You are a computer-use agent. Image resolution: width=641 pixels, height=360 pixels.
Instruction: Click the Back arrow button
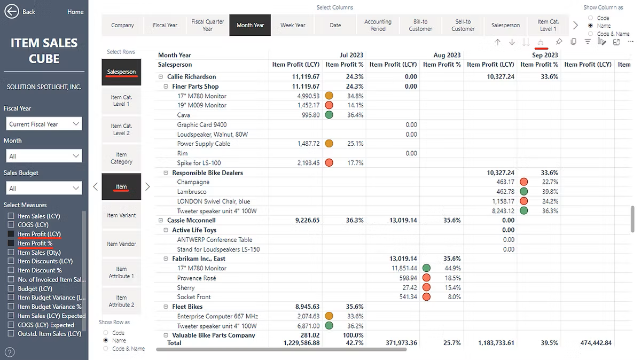pyautogui.click(x=12, y=11)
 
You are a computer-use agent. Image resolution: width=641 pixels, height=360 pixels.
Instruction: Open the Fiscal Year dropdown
pyautogui.click(x=44, y=124)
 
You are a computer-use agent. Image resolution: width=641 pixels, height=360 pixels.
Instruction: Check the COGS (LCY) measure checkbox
pyautogui.click(x=11, y=225)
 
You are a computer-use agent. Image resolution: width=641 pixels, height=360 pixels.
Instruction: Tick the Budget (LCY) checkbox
pyautogui.click(x=11, y=288)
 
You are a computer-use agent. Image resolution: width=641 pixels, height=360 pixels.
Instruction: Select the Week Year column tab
pyautogui.click(x=293, y=25)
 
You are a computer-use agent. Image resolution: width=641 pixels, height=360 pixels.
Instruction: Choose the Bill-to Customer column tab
pyautogui.click(x=420, y=25)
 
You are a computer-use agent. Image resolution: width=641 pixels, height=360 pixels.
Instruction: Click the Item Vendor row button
pyautogui.click(x=121, y=244)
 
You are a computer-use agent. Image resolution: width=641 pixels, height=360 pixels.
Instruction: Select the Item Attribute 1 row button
pyautogui.click(x=121, y=272)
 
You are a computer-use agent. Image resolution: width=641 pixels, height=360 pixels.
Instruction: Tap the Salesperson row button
pyautogui.click(x=121, y=72)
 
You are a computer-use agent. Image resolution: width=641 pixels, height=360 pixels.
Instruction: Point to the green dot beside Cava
pyautogui.click(x=329, y=115)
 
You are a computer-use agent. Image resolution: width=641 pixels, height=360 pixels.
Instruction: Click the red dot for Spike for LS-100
pyautogui.click(x=329, y=163)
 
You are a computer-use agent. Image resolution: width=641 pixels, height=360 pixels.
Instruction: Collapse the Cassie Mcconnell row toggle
pyautogui.click(x=161, y=220)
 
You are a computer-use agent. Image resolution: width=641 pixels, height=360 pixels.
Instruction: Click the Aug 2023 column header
pyautogui.click(x=447, y=55)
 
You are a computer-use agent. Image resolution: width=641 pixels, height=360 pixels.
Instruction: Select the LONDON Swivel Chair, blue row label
pyautogui.click(x=213, y=201)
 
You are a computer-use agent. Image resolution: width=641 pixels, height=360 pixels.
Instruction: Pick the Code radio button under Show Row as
pyautogui.click(x=106, y=333)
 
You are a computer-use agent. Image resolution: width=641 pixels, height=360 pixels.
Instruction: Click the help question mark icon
pyautogui.click(x=10, y=352)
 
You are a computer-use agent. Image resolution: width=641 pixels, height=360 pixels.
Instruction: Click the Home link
pyautogui.click(x=75, y=12)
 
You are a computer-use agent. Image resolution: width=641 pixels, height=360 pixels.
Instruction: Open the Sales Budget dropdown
pyautogui.click(x=44, y=188)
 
